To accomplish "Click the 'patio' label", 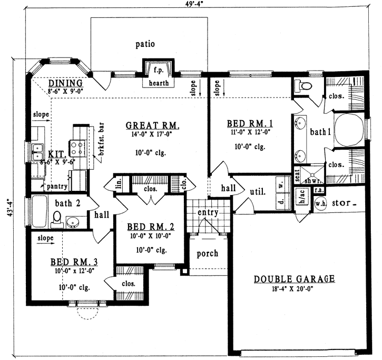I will (144, 44).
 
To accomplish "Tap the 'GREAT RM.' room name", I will (153, 125).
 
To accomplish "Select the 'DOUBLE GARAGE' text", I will (295, 279).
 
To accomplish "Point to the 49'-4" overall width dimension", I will (192, 4).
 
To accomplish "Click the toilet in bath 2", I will (58, 218).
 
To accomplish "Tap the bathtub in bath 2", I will (40, 211).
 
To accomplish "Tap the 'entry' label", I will (208, 212).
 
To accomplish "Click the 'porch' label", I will (207, 253).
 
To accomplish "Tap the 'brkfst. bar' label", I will (97, 140).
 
